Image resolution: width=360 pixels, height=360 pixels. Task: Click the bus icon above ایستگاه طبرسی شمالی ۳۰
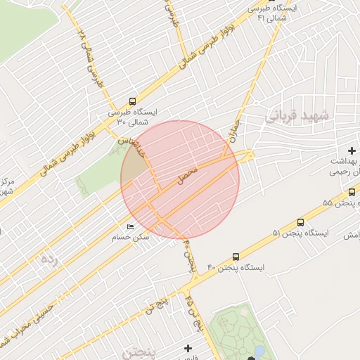(x=133, y=101)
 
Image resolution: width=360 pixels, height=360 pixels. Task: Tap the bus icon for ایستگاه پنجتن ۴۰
(x=235, y=257)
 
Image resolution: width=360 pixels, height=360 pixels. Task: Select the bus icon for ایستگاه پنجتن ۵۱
(x=300, y=221)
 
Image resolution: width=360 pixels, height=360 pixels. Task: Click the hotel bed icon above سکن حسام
(x=130, y=226)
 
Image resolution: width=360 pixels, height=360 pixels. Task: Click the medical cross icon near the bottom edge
(x=188, y=347)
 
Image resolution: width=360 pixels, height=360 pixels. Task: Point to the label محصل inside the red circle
(x=187, y=175)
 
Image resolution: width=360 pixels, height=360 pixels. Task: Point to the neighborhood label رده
(x=48, y=259)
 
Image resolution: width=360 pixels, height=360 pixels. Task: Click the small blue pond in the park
(x=259, y=350)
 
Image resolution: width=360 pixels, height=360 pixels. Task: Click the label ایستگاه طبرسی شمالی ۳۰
(x=134, y=117)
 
